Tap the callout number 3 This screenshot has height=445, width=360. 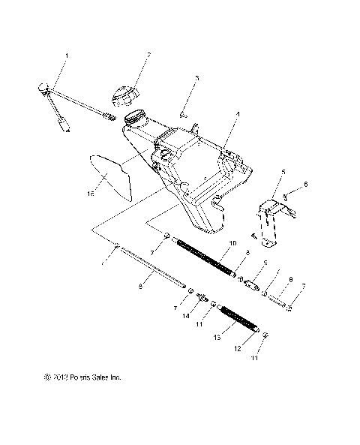point(196,78)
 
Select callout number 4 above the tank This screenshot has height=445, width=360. point(238,115)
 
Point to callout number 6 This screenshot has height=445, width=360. point(305,184)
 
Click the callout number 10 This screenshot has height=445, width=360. point(233,244)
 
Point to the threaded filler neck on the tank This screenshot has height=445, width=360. point(135,118)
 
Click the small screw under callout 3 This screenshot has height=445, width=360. point(183,113)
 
